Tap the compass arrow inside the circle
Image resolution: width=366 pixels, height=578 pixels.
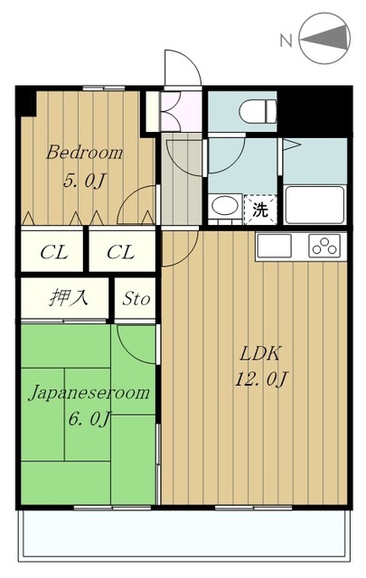[328, 39]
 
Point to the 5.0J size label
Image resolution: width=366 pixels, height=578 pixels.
[85, 181]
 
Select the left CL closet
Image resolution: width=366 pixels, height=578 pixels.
[53, 252]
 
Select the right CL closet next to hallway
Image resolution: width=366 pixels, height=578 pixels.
[120, 252]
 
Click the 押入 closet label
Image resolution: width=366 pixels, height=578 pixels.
[67, 297]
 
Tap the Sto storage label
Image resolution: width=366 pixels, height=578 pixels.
[136, 298]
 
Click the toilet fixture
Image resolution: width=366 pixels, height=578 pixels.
[257, 112]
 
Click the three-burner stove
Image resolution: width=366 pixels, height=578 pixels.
[323, 245]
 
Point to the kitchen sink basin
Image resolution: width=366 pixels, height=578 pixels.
[275, 246]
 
